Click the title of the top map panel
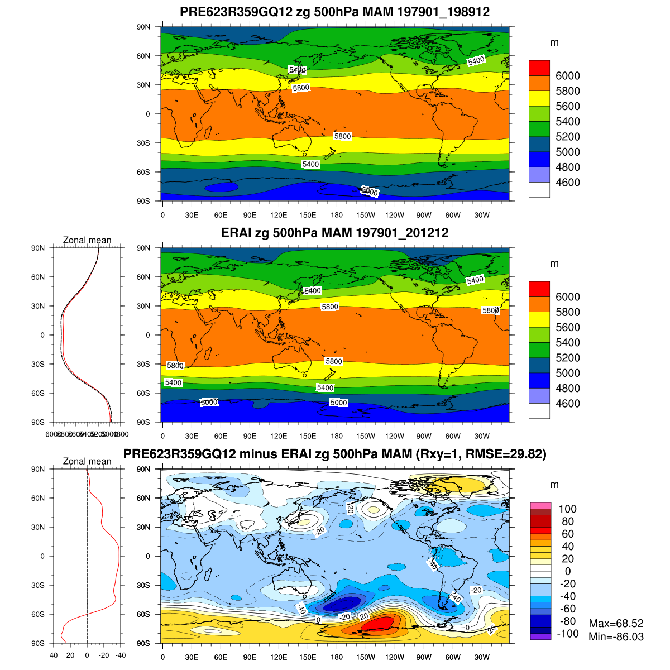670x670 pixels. click(x=334, y=12)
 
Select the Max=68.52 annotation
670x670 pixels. click(x=616, y=623)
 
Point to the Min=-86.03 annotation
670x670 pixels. click(x=616, y=636)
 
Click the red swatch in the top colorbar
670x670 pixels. click(x=539, y=68)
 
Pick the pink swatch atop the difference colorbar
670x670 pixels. click(x=540, y=505)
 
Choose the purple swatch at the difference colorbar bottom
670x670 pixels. click(x=540, y=636)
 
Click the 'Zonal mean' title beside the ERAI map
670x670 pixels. click(x=87, y=241)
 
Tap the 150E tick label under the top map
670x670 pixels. click(x=308, y=215)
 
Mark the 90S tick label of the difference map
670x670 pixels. click(x=145, y=643)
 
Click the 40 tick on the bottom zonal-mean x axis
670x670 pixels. click(x=54, y=655)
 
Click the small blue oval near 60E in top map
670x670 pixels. click(x=221, y=188)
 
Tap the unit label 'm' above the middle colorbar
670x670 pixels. click(x=554, y=264)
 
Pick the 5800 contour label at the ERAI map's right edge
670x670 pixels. click(x=490, y=310)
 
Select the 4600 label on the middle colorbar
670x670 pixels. click(x=568, y=404)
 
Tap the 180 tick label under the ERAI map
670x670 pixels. click(x=337, y=436)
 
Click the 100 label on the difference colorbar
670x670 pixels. click(x=568, y=509)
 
